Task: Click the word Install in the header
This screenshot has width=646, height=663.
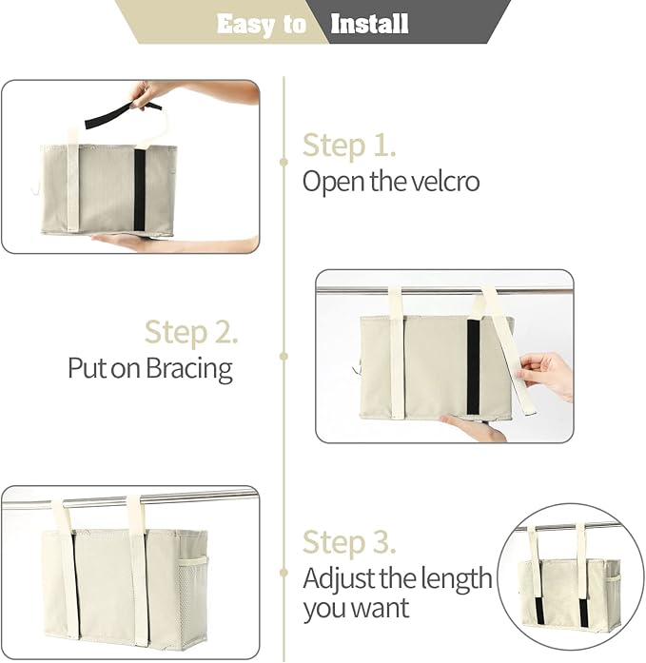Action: click(x=369, y=24)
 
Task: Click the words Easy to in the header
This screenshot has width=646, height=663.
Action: click(x=261, y=24)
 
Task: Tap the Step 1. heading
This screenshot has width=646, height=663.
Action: click(x=349, y=146)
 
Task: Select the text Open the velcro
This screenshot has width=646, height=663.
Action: click(x=391, y=181)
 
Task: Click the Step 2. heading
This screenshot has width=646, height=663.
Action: click(x=191, y=332)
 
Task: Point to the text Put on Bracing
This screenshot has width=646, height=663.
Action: click(x=150, y=368)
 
